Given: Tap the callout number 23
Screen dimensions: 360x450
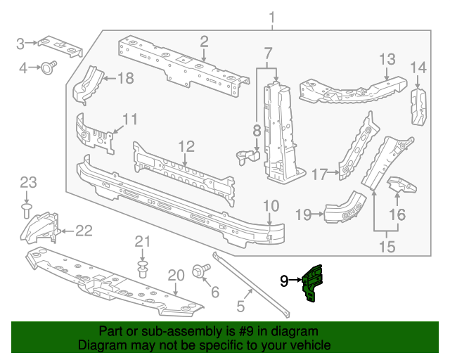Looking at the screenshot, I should click(27, 183).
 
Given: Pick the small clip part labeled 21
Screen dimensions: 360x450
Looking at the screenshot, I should click(143, 269).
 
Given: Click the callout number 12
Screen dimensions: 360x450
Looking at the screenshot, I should click(186, 146).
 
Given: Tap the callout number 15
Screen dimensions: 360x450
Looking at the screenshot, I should click(387, 246).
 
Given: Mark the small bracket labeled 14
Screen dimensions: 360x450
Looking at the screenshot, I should click(419, 107).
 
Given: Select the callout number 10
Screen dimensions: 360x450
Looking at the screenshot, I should click(271, 206).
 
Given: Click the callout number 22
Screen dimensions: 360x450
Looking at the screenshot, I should click(84, 229).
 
